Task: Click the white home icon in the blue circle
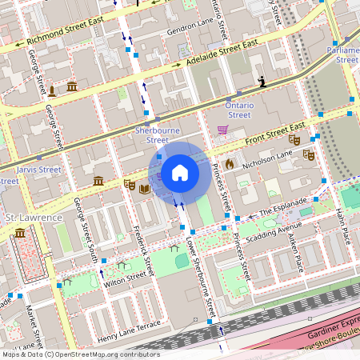180,172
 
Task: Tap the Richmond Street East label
66,30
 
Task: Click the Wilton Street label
125,279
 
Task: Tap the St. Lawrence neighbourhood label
34,218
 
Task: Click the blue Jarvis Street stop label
38,170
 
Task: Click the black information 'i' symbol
262,82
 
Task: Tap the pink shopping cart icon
222,130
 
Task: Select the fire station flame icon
229,163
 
